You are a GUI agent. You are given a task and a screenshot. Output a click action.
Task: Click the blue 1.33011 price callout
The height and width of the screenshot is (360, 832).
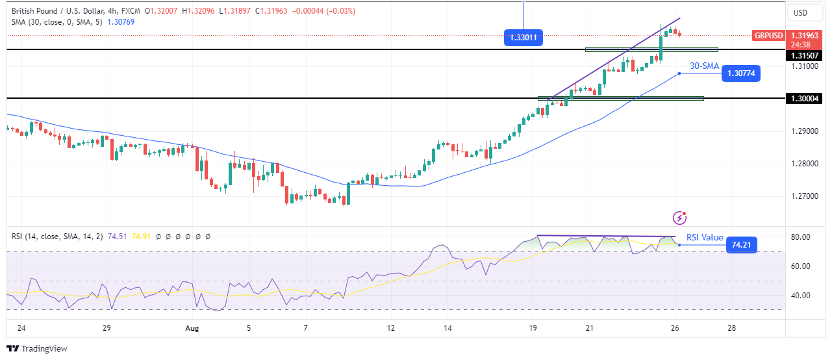click(x=523, y=38)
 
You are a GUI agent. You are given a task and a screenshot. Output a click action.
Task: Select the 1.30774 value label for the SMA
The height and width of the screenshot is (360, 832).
click(x=740, y=73)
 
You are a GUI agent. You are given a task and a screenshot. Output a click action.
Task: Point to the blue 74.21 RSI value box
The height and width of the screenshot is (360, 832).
click(x=740, y=245)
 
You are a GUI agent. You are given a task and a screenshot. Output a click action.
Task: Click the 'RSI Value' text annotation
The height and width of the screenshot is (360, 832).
click(x=705, y=237)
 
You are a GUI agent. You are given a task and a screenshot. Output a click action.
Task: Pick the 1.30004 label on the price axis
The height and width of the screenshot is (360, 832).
click(x=804, y=98)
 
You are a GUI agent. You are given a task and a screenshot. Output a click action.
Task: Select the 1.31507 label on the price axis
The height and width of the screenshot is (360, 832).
click(x=804, y=56)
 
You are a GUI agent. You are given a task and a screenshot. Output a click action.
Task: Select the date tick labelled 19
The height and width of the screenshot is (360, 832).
click(x=533, y=328)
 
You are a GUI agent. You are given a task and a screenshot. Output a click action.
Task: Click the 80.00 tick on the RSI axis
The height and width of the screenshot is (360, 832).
click(x=801, y=237)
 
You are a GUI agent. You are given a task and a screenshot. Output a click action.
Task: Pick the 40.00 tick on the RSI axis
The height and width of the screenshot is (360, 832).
click(x=801, y=295)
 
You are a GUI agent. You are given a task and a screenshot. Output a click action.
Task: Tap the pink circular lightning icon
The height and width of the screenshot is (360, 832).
click(x=680, y=218)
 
